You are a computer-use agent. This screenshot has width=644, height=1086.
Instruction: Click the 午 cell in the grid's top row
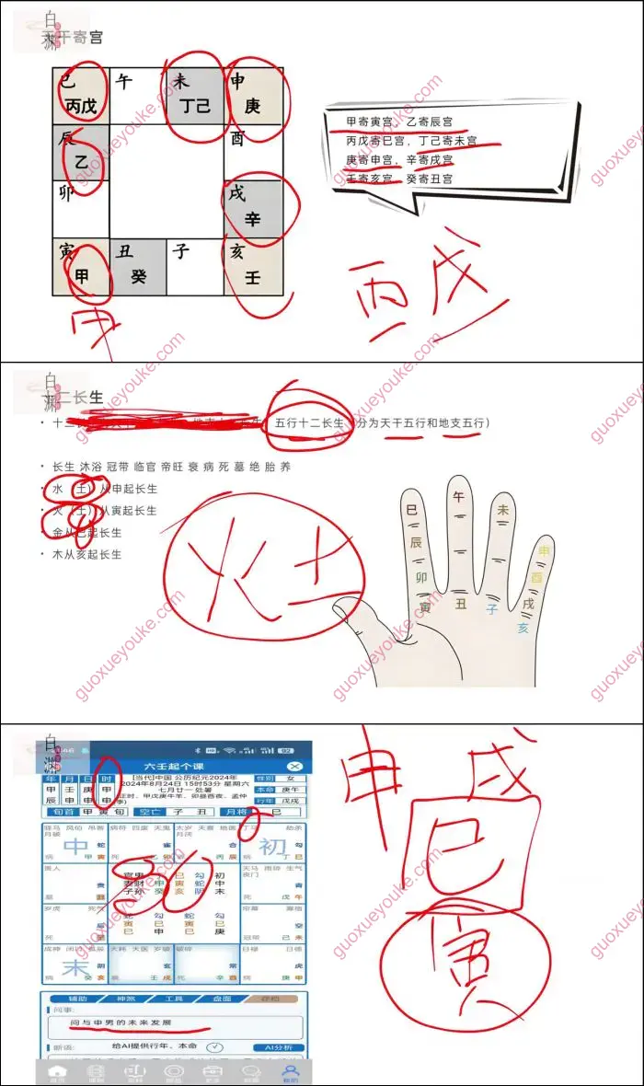tap(138, 95)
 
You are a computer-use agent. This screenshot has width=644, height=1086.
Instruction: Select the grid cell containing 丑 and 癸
tap(138, 267)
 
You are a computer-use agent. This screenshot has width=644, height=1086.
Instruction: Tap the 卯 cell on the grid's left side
tap(80, 210)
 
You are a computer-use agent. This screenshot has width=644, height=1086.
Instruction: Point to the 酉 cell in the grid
tap(252, 152)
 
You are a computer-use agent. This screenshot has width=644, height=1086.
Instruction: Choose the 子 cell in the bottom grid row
tap(195, 267)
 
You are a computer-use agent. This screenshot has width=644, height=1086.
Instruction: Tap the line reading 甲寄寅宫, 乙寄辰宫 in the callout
tap(398, 121)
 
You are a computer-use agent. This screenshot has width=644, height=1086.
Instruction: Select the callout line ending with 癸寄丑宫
tap(398, 179)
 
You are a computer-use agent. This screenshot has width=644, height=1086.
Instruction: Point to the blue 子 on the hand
tap(492, 608)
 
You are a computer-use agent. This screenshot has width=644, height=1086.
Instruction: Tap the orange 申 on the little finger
tap(545, 552)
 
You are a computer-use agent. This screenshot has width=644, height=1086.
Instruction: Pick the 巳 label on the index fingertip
tap(411, 509)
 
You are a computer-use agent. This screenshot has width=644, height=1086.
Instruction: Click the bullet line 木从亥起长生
tap(87, 554)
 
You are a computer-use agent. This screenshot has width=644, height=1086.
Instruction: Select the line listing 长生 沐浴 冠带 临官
tap(171, 467)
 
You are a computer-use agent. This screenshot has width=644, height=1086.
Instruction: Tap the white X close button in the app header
tap(294, 766)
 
